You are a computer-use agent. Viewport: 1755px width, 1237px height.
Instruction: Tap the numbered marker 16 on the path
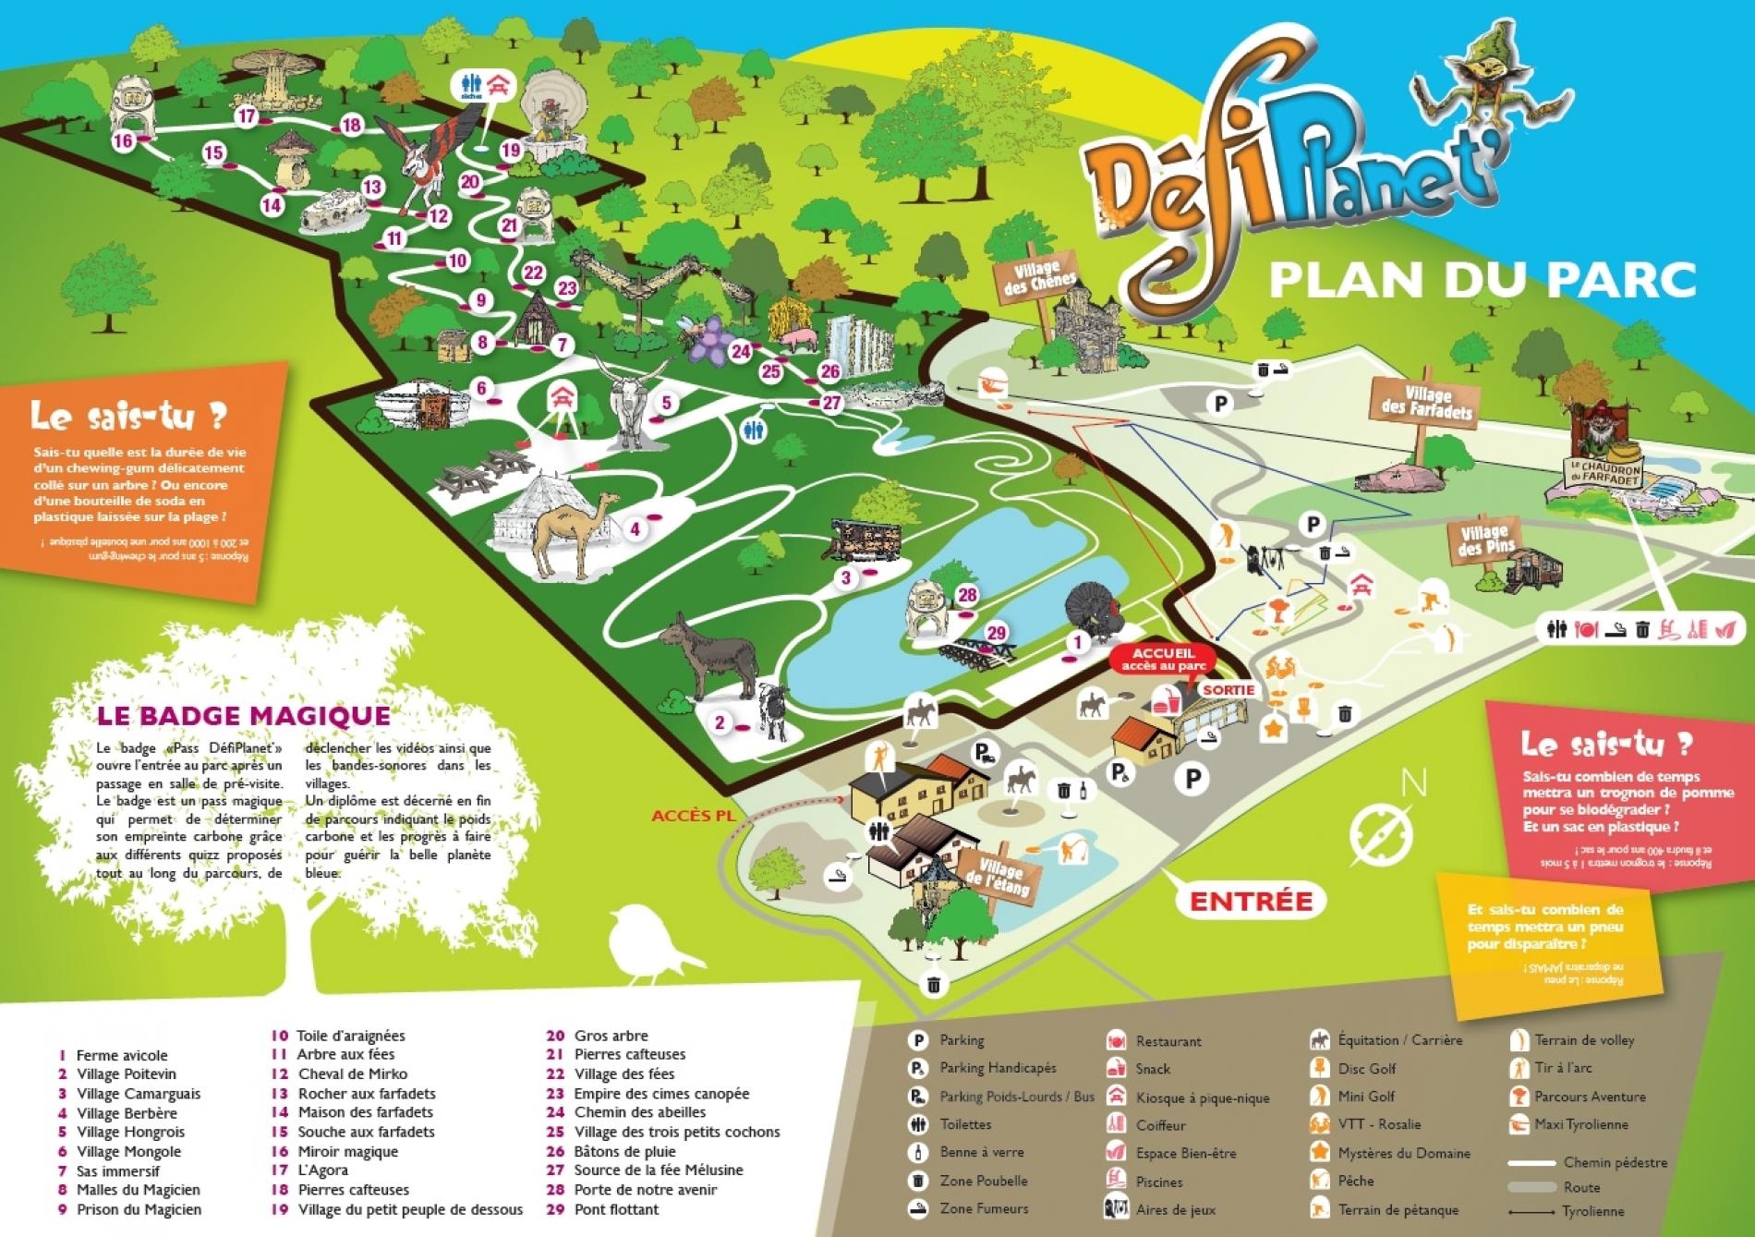(124, 140)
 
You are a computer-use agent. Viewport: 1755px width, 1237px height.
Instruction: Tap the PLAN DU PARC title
(1482, 281)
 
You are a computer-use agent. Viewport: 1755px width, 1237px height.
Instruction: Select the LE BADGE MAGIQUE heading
(243, 715)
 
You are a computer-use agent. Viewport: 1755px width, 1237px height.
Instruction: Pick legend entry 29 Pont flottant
(615, 1209)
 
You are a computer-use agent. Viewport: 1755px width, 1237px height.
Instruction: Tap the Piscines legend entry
(1158, 1181)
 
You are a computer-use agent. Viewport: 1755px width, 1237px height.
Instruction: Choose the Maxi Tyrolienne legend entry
(1580, 1124)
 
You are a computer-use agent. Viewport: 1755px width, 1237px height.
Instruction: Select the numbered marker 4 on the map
(635, 529)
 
